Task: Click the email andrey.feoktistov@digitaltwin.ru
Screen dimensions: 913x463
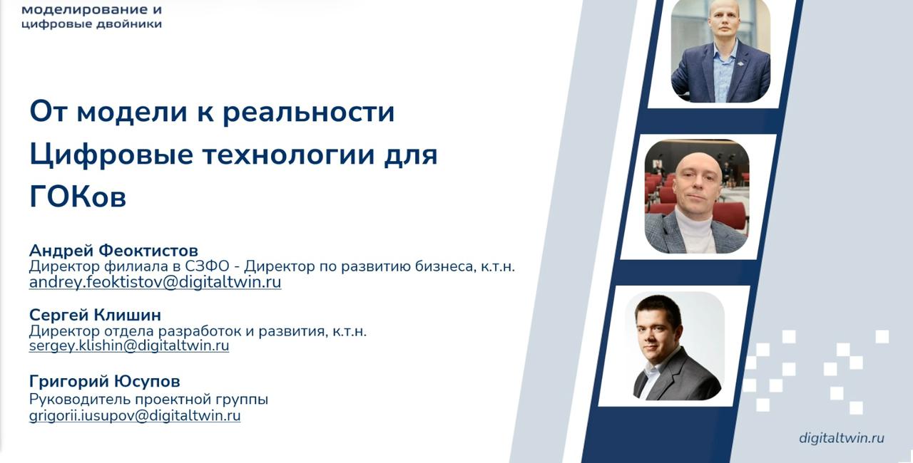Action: [155, 282]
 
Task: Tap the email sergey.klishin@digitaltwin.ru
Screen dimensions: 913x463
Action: [129, 346]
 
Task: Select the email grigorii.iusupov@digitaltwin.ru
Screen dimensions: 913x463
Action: [135, 416]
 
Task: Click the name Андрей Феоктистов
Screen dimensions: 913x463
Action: [113, 250]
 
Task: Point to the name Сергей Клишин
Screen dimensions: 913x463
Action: [95, 315]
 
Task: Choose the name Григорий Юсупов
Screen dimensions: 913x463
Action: [104, 381]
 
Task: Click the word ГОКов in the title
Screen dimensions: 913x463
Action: [78, 197]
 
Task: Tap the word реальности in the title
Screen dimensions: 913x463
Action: [309, 113]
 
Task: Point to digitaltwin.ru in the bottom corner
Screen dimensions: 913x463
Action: [841, 438]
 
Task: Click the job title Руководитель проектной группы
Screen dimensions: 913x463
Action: [148, 400]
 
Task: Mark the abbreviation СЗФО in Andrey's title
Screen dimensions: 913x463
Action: [207, 266]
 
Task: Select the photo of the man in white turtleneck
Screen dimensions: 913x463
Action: [697, 197]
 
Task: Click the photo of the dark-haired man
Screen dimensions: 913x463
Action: [675, 346]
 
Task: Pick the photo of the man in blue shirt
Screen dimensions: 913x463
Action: [720, 51]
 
